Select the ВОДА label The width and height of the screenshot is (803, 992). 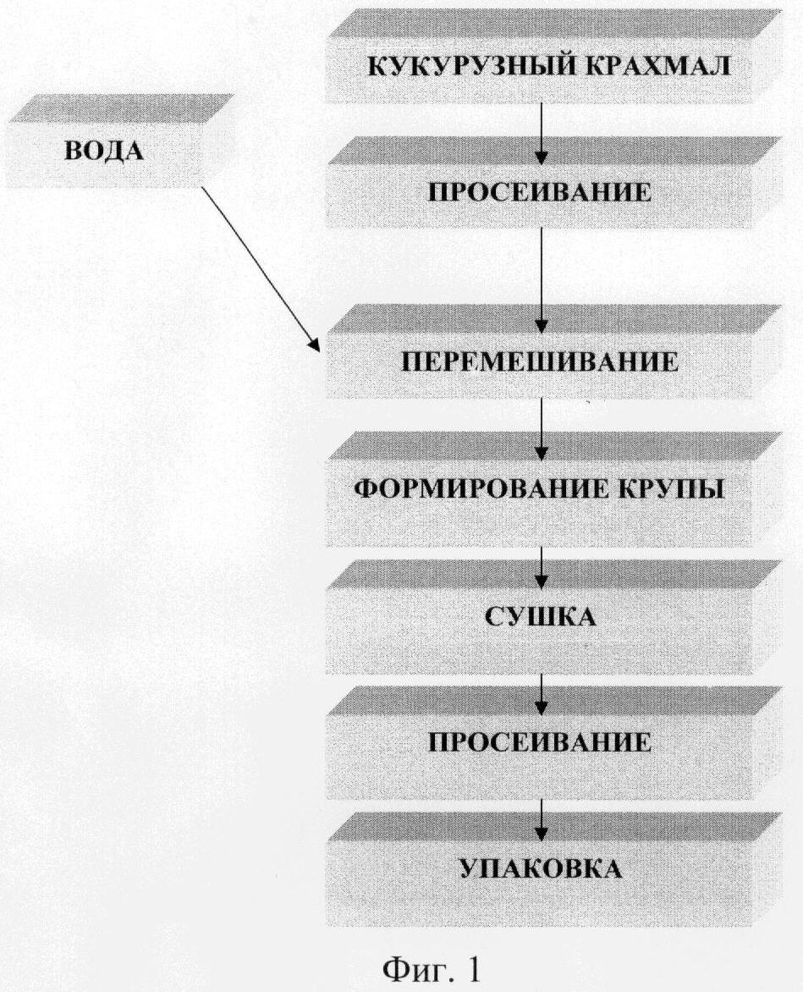point(105,152)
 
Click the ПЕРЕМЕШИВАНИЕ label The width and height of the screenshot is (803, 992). point(541,362)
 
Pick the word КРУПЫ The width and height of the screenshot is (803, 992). point(663,489)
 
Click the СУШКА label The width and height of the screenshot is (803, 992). point(541,616)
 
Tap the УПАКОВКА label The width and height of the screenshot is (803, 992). point(541,868)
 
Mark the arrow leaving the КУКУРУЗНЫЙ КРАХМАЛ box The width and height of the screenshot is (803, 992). point(542,134)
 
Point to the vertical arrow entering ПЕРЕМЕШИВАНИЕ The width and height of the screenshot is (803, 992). point(542,280)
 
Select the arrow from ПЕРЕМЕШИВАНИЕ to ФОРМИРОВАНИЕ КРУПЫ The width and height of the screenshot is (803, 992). point(542,429)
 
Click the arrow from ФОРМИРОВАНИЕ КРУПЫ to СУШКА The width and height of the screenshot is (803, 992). point(542,567)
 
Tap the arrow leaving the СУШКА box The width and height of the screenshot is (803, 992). point(542,694)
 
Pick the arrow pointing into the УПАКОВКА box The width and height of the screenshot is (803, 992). point(542,820)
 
